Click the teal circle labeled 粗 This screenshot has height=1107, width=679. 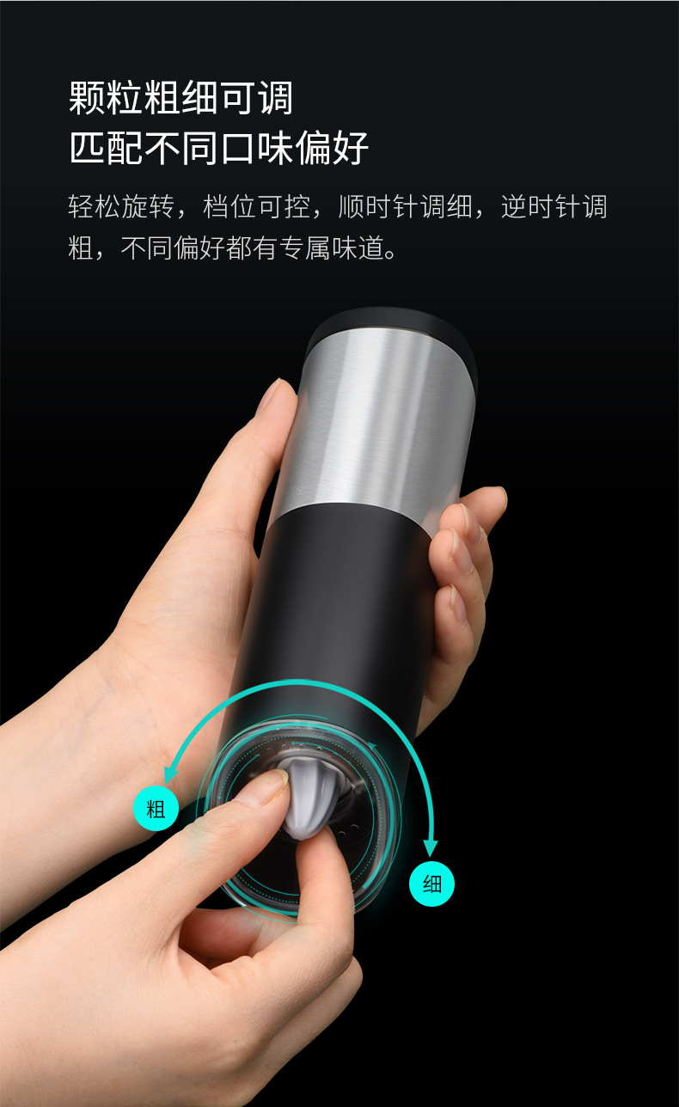156,808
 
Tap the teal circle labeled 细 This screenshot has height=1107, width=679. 431,884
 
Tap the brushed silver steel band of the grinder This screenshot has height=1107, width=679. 378,421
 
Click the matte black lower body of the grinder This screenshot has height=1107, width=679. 344,602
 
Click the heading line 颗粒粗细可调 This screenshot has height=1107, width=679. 181,98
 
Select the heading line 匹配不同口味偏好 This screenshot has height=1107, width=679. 219,148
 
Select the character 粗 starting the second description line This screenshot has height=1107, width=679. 81,250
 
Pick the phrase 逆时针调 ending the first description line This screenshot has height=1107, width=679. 555,207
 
